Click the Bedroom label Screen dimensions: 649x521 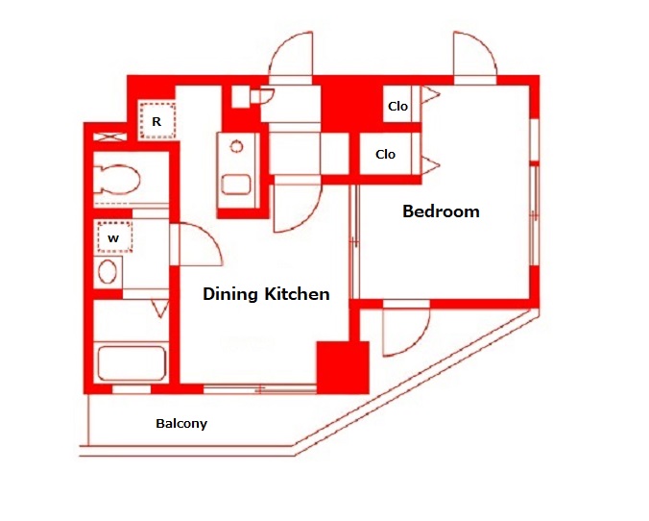(x=441, y=211)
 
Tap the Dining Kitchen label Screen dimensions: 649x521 (x=266, y=294)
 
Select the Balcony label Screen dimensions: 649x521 (x=181, y=424)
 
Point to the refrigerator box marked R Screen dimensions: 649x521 (x=156, y=121)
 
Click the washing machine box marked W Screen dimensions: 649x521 (x=114, y=237)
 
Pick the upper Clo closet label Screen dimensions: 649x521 (x=397, y=107)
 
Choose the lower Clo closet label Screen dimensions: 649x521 (x=385, y=155)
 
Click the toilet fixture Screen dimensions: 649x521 (x=117, y=180)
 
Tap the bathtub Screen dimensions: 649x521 (x=132, y=363)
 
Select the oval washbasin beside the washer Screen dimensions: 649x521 (x=108, y=272)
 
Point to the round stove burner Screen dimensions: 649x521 (x=237, y=146)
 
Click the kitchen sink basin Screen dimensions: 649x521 (x=236, y=185)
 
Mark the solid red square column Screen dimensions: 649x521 (x=343, y=367)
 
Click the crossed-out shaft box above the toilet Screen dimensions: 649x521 (x=109, y=136)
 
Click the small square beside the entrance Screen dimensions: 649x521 (x=240, y=96)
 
